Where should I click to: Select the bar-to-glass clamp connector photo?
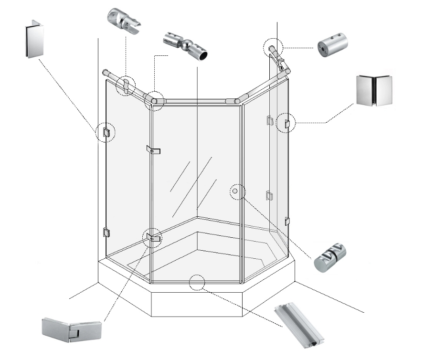pyautogui.click(x=124, y=21)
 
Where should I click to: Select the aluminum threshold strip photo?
pyautogui.click(x=301, y=324)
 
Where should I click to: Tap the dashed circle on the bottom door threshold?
pyautogui.click(x=197, y=283)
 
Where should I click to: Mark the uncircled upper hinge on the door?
pyautogui.click(x=153, y=150)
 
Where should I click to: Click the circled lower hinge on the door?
pyautogui.click(x=153, y=237)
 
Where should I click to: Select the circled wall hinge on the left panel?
pyautogui.click(x=106, y=132)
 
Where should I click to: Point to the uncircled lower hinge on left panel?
pyautogui.click(x=106, y=233)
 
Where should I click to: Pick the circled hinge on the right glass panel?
pyautogui.click(x=286, y=124)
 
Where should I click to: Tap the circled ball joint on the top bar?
pyautogui.click(x=155, y=99)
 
